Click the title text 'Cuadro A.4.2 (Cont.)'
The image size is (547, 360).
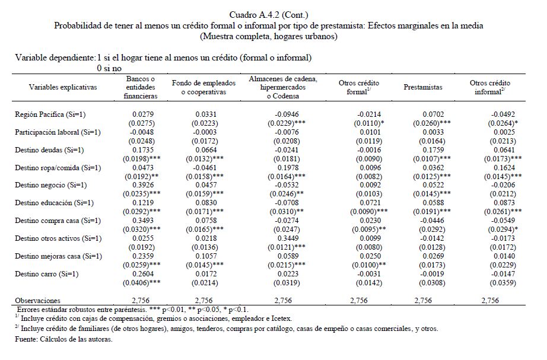(269, 14)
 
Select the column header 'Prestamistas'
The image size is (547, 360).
(423, 87)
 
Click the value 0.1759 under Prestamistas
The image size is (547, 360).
(423, 150)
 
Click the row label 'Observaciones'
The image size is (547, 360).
(38, 301)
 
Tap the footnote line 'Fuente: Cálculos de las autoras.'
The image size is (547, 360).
(64, 340)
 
